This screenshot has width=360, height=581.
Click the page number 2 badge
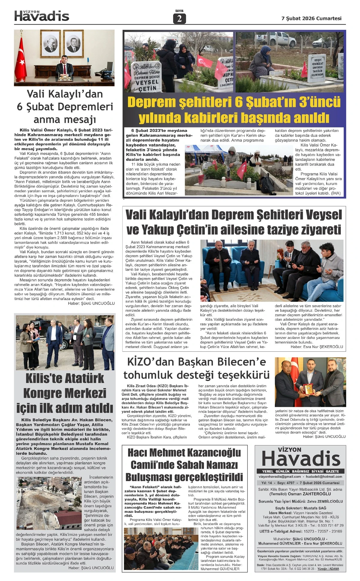(x=179, y=19)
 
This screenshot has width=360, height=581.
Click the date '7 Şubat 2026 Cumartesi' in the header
(x=311, y=18)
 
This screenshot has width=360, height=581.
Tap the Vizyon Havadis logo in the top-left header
(x=42, y=16)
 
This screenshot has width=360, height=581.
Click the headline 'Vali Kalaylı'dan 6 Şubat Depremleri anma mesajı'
(x=64, y=107)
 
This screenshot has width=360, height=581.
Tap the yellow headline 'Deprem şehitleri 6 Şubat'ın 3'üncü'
(x=234, y=103)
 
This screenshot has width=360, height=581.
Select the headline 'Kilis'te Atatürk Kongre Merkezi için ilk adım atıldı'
(x=64, y=393)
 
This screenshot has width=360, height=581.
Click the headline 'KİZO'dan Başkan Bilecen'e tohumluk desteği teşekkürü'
(x=196, y=368)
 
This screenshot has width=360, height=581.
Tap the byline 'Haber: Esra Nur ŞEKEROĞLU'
(x=316, y=347)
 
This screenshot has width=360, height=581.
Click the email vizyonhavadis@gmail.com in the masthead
(x=280, y=476)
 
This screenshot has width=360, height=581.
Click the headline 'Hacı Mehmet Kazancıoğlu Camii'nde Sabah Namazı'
(x=184, y=459)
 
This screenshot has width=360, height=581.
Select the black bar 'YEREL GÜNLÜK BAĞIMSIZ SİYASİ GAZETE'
(x=300, y=471)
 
